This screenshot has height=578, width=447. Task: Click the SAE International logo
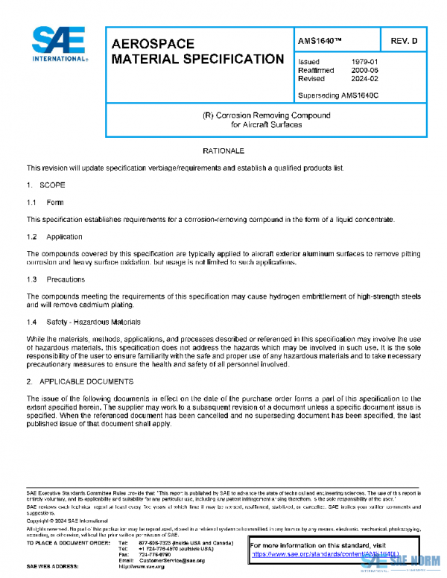coord(59,45)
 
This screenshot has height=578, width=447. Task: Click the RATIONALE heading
coord(223,151)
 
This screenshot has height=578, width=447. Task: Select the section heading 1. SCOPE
coord(46,185)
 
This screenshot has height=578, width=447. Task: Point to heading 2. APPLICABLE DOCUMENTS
coord(80,381)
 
